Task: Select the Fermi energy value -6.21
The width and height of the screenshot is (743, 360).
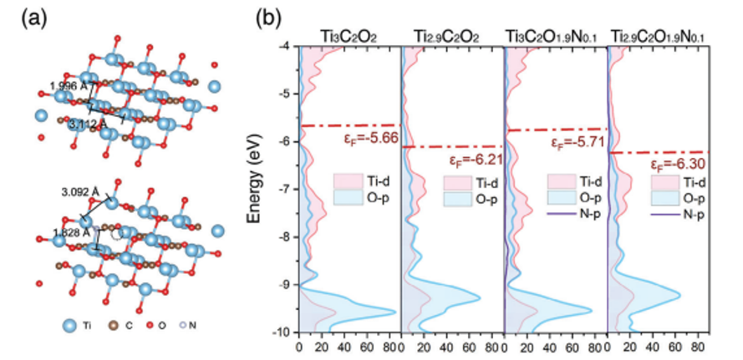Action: [471, 159]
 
